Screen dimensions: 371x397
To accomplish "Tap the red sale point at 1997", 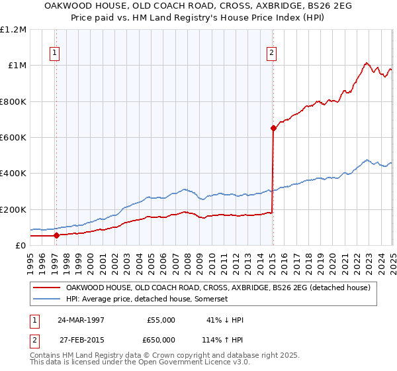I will (56, 235).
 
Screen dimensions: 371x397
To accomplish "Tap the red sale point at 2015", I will (273, 129).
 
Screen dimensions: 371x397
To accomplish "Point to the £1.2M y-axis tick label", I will (13, 30).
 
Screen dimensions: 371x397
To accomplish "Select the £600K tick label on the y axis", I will (13, 138).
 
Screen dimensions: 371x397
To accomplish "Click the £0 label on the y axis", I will (21, 246).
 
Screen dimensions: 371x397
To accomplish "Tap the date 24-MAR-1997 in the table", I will (80, 320).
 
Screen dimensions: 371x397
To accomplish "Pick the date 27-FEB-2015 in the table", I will (80, 340).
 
